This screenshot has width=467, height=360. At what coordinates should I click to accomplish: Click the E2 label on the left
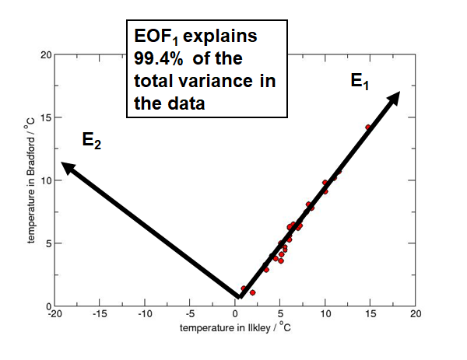[x=92, y=141]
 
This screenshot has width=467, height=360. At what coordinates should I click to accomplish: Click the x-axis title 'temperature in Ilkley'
[x=236, y=329]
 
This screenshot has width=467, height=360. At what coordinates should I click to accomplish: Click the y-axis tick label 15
[x=45, y=117]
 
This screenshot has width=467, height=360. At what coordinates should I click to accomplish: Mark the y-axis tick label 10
[x=45, y=180]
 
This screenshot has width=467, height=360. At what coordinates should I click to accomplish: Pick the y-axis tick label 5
[x=47, y=243]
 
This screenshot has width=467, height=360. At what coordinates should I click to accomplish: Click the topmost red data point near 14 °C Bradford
[x=368, y=127]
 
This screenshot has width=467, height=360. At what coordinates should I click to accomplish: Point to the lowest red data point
[x=253, y=292]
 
